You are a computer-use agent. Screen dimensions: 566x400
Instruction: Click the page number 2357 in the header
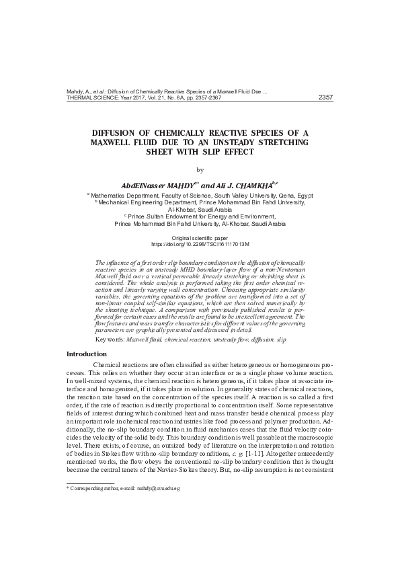click(x=325, y=97)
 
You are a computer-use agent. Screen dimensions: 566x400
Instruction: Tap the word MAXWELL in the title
click(x=115, y=143)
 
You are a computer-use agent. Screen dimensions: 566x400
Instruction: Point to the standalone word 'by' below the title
click(x=200, y=170)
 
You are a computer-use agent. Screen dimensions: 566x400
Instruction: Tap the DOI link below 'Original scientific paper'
click(x=200, y=245)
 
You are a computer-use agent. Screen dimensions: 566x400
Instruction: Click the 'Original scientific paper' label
click(x=200, y=239)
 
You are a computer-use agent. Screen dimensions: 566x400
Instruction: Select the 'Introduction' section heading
click(x=87, y=354)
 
